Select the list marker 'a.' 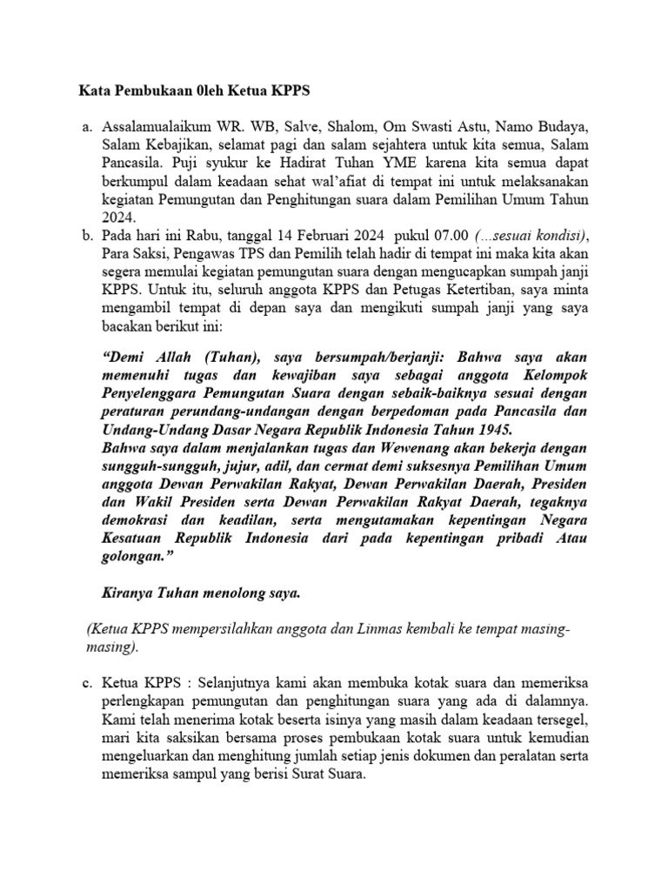click(x=85, y=127)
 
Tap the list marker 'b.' click(x=85, y=236)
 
